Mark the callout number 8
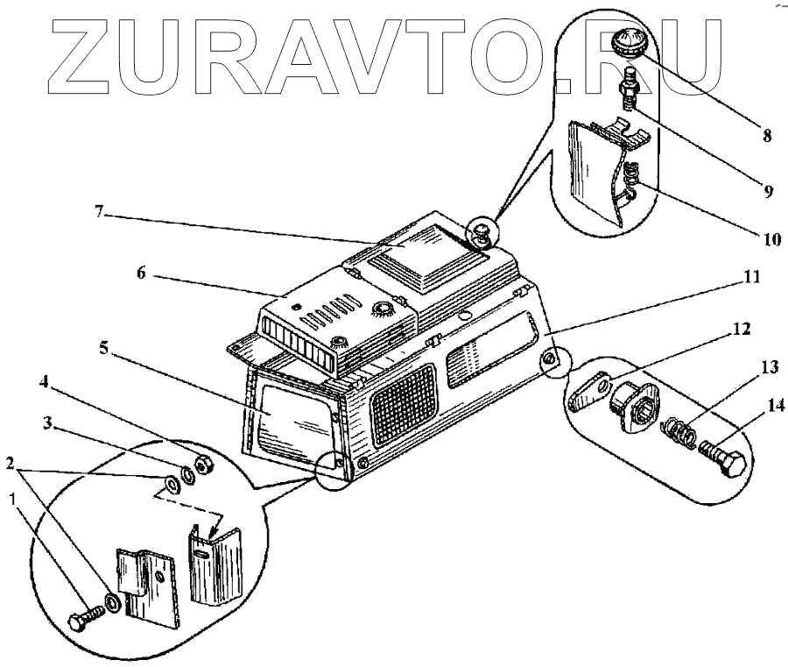tap(766, 136)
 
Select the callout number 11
tap(752, 277)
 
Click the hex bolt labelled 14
tap(723, 461)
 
